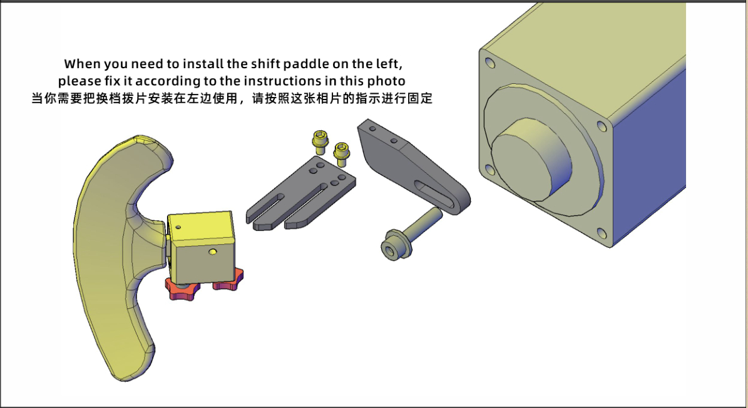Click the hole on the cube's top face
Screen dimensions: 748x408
pyautogui.click(x=178, y=227)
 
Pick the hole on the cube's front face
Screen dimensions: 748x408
pyautogui.click(x=213, y=251)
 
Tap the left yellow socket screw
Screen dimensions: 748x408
pyautogui.click(x=319, y=141)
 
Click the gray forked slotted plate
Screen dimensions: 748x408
pyautogui.click(x=300, y=193)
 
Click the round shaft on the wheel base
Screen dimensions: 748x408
pyautogui.click(x=532, y=160)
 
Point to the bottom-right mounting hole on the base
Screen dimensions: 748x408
pyautogui.click(x=602, y=233)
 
